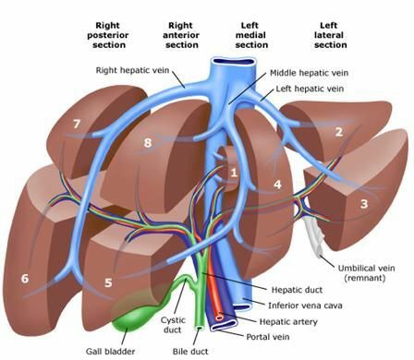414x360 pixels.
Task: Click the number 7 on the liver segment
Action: [77, 124]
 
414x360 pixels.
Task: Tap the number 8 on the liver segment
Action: [148, 142]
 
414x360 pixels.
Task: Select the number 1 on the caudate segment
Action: [234, 173]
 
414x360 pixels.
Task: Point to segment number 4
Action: [277, 185]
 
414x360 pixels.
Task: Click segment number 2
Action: [339, 132]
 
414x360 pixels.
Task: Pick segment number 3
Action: [364, 204]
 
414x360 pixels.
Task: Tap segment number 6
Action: [25, 279]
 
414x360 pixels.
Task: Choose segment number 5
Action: [108, 282]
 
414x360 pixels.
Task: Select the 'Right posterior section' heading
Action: [108, 35]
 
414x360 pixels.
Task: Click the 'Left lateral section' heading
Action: [330, 35]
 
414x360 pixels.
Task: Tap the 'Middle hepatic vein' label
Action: [309, 73]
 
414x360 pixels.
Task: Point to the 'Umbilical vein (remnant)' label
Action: [366, 273]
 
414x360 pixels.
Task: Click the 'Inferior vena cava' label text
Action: [305, 306]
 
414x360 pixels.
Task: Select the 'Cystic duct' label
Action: [173, 325]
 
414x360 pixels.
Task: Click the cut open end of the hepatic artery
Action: [219, 317]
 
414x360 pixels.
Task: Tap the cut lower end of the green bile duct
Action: [200, 329]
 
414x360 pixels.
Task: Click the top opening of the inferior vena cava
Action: [233, 62]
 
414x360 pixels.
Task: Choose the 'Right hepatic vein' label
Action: [132, 70]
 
